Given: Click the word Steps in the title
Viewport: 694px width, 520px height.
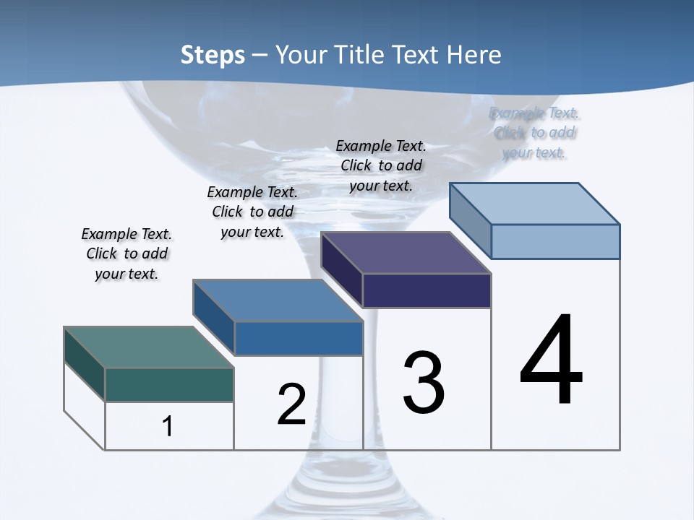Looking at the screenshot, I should (x=213, y=55).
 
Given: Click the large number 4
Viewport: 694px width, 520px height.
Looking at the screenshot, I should (x=551, y=361).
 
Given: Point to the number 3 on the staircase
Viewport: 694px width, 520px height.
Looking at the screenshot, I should (x=424, y=383).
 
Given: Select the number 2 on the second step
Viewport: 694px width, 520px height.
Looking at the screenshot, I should (x=292, y=404).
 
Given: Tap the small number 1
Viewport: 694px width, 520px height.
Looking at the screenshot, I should (x=168, y=426).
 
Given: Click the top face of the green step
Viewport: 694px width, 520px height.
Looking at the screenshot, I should (x=148, y=347).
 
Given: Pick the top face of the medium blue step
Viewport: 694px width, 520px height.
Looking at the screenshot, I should (x=278, y=300).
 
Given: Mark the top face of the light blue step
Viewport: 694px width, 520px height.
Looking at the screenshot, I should (x=535, y=204).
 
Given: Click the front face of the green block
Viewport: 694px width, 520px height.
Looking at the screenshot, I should (x=169, y=384).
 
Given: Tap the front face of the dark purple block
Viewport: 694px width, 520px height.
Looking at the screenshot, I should (x=427, y=290).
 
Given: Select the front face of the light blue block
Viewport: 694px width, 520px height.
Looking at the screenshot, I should (x=555, y=241).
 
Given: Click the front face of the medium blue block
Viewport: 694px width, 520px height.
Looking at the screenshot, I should (x=298, y=338).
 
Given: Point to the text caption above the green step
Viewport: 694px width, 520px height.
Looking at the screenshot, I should (x=127, y=254).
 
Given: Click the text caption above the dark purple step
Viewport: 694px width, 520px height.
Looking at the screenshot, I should (x=381, y=166).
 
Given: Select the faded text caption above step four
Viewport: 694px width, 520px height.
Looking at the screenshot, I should (x=535, y=133).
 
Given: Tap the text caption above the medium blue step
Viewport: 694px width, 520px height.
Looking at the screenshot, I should (x=252, y=212).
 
